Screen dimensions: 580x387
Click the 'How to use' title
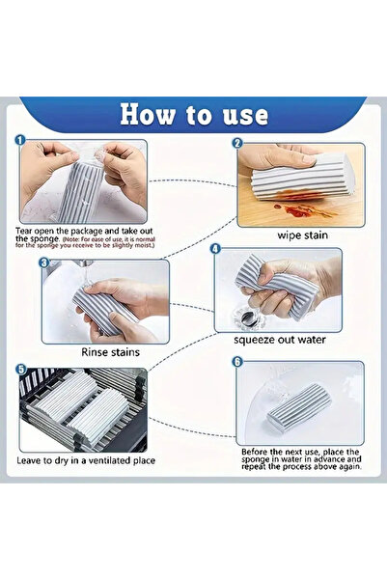(x=193, y=115)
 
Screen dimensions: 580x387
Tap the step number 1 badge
(x=20, y=141)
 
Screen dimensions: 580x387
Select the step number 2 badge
(x=236, y=143)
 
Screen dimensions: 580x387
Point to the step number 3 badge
(x=42, y=262)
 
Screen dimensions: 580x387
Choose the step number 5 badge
(x=20, y=368)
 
